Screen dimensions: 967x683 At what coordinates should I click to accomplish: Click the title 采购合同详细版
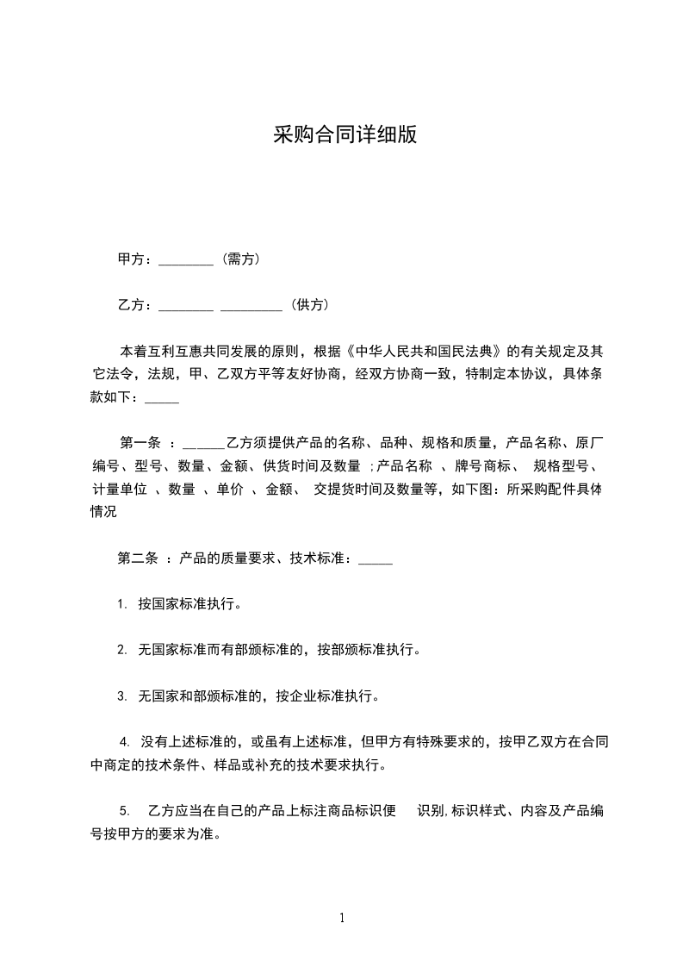[345, 134]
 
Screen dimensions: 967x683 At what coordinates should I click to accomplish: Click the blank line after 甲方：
[186, 259]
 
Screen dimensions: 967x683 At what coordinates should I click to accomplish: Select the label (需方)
[241, 259]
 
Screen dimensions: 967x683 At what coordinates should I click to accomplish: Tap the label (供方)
[309, 304]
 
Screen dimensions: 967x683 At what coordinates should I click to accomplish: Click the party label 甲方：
[136, 259]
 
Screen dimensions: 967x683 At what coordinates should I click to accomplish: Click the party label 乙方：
[136, 304]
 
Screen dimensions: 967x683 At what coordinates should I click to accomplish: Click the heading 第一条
[140, 443]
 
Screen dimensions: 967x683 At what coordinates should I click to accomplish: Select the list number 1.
[122, 604]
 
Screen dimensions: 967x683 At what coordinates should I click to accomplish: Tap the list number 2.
[122, 650]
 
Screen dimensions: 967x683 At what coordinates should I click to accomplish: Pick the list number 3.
[122, 696]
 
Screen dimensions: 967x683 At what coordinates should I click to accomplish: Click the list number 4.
[124, 741]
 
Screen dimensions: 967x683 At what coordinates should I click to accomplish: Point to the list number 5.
[125, 810]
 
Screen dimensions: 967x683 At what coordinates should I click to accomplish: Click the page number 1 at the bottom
[342, 918]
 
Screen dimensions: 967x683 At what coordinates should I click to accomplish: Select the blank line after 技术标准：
[375, 558]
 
